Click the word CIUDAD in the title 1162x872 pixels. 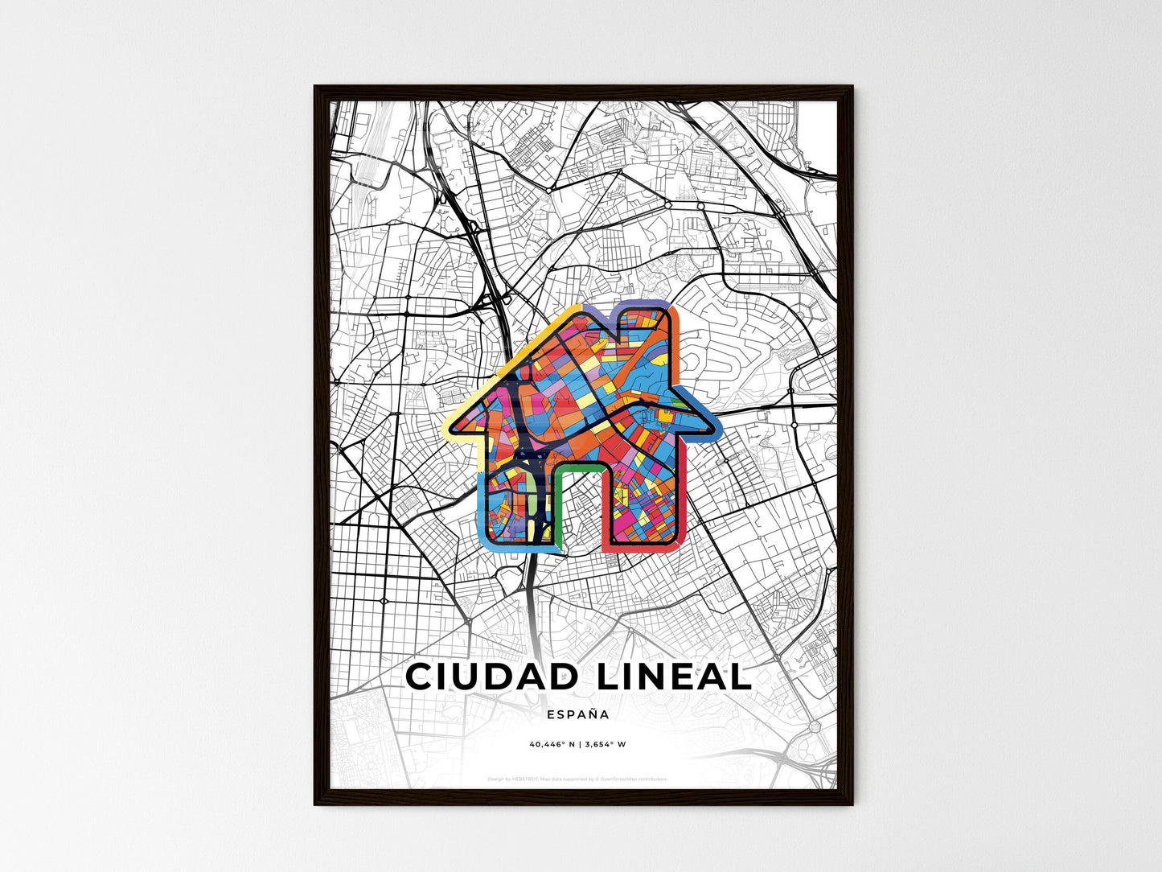click(x=491, y=677)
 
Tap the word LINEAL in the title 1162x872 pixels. click(x=674, y=677)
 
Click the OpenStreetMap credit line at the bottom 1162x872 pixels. click(x=577, y=779)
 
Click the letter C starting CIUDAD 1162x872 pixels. click(x=420, y=677)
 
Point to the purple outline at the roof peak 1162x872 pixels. click(x=591, y=310)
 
